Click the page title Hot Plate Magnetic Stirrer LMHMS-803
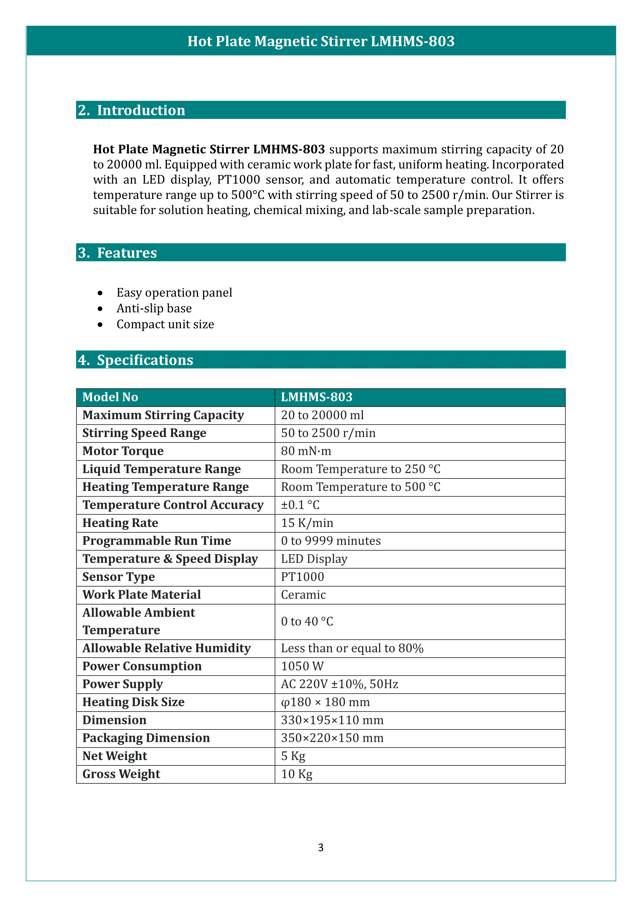(x=321, y=41)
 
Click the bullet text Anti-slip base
(x=154, y=309)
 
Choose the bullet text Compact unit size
(x=165, y=324)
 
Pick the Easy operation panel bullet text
(x=174, y=293)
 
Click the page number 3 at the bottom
(x=321, y=847)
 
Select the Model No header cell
(x=110, y=397)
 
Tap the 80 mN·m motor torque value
(x=306, y=451)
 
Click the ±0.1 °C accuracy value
(x=300, y=505)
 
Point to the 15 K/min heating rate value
(x=307, y=523)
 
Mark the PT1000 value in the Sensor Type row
(x=302, y=577)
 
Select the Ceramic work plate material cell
(x=303, y=594)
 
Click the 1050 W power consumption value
(x=302, y=666)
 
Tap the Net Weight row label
(x=115, y=756)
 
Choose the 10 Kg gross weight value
(x=297, y=774)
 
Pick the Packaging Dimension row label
(x=146, y=738)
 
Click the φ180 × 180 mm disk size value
(x=325, y=702)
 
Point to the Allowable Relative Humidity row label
(x=167, y=648)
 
